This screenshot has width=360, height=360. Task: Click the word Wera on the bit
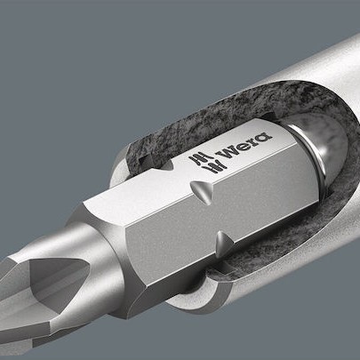[x=244, y=145]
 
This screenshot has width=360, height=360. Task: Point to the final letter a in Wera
[x=264, y=137]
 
